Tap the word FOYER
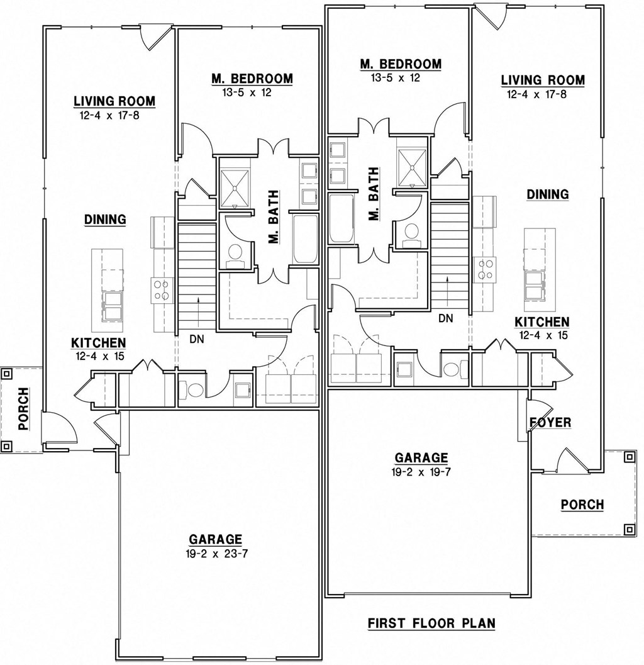(550, 422)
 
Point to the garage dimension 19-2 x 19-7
(421, 472)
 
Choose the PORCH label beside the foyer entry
(582, 505)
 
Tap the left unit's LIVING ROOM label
(114, 101)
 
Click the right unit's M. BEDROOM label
(401, 64)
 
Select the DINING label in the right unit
(547, 194)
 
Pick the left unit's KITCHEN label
(98, 343)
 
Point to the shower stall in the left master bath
(234, 182)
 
